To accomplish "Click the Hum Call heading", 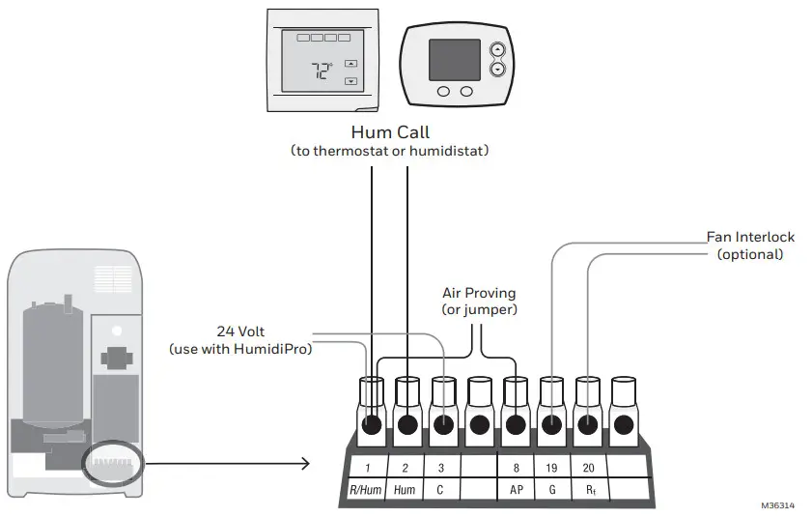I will click(x=390, y=132).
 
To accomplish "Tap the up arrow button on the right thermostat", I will click(x=497, y=49).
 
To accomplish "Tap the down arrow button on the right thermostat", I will click(x=497, y=70).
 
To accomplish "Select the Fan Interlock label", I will click(x=749, y=237).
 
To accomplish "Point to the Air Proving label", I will click(x=478, y=292).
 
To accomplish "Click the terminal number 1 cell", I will click(x=368, y=467).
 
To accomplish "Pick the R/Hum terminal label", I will click(x=367, y=489).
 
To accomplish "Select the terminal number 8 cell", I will click(x=516, y=467).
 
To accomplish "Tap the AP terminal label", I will click(x=516, y=489).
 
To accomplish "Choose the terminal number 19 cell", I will click(x=552, y=467).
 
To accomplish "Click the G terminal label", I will click(x=552, y=489).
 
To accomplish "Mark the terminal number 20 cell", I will click(x=589, y=467).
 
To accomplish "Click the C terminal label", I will click(x=441, y=489).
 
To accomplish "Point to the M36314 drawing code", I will click(x=776, y=505).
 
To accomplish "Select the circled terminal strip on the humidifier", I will click(x=114, y=465).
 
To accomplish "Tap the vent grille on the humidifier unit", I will click(x=114, y=280).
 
